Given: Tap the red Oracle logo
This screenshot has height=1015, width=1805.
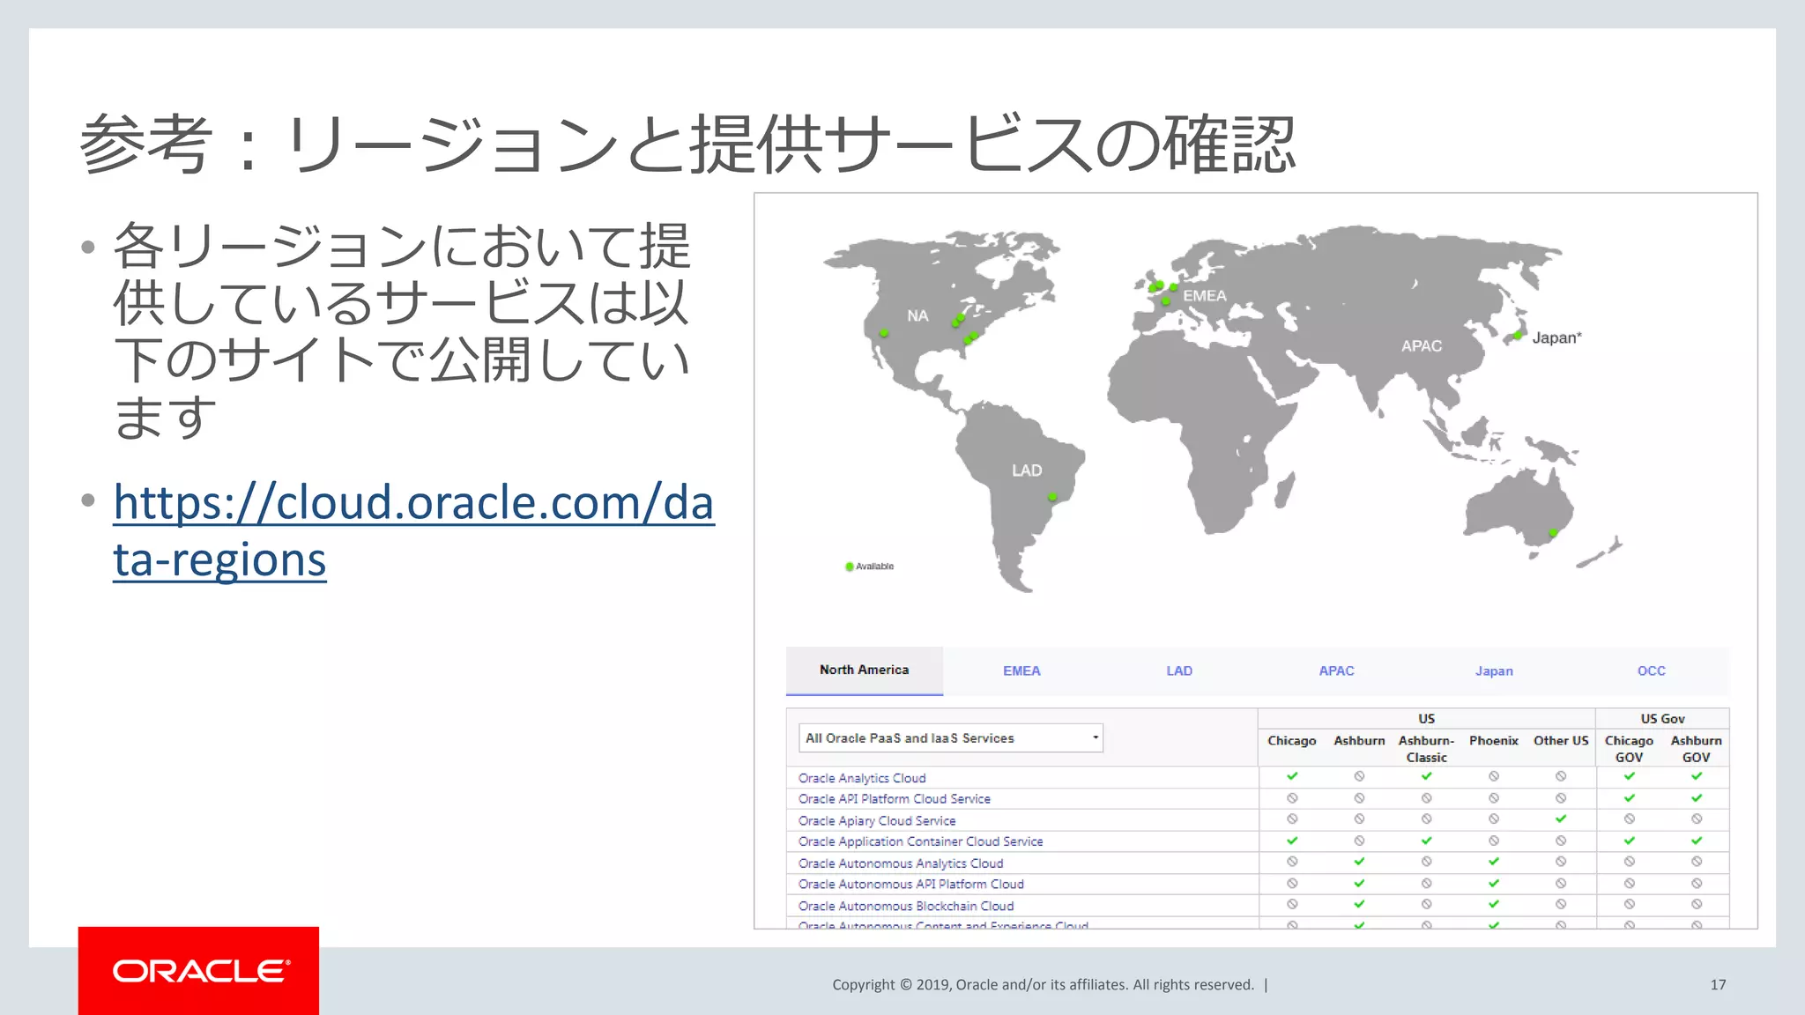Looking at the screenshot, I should (198, 970).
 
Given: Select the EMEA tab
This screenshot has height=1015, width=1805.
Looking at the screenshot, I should (1021, 671).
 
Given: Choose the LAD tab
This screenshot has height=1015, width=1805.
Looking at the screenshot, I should (1179, 671).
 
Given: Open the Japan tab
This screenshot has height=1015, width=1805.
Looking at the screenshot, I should (1494, 671).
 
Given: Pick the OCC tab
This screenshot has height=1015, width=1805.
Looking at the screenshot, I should (1651, 671).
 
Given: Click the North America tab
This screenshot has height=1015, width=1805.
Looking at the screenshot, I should (864, 670).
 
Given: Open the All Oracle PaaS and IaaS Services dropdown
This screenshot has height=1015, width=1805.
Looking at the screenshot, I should (950, 738).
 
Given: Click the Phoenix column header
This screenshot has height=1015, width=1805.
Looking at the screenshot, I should (1493, 741).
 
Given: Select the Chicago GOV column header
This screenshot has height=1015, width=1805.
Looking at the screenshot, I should (1629, 749).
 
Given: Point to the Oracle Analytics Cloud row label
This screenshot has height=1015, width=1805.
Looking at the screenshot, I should (862, 778).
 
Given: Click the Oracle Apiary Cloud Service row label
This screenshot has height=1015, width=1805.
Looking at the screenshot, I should (877, 820).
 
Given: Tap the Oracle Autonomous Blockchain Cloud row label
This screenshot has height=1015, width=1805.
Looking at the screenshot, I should (906, 906).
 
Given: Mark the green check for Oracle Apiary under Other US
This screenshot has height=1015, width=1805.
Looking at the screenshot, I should (1561, 819).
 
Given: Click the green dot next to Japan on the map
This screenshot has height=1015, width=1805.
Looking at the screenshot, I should (1518, 336).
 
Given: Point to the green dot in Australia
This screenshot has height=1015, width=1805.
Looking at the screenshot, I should (1553, 533).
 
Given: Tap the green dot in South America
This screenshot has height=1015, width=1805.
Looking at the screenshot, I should (1051, 498).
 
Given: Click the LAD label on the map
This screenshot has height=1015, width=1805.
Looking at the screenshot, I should (1027, 470).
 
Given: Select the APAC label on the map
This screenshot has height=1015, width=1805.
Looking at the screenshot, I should (1422, 346).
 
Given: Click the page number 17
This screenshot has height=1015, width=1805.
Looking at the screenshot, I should (1718, 985).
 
